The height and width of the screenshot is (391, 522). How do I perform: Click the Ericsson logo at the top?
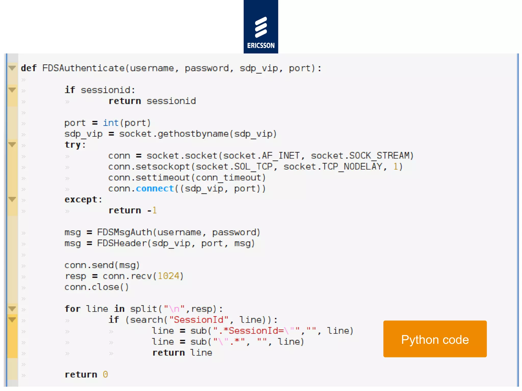[261, 27]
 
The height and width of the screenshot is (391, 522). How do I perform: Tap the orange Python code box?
[435, 339]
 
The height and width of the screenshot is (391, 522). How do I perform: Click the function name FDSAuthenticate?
[83, 68]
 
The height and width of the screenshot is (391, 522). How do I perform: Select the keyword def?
[29, 68]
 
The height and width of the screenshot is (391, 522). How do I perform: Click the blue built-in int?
[111, 123]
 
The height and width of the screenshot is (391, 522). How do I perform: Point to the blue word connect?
[155, 189]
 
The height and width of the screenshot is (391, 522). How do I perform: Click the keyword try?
[73, 145]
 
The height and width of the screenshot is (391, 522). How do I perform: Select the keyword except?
[81, 200]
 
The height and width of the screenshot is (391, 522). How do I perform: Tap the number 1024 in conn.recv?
[168, 276]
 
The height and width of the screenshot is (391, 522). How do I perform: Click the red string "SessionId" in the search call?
[199, 320]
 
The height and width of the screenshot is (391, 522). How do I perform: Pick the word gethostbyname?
[193, 134]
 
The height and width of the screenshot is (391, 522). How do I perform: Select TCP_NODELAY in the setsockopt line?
[352, 167]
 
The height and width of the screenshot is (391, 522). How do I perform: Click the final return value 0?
[105, 374]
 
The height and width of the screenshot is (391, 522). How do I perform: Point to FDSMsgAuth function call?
[124, 232]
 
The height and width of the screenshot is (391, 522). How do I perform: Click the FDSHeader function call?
[122, 243]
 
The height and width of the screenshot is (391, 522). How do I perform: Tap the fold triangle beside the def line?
[12, 68]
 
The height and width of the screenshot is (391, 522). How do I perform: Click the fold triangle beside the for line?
[12, 309]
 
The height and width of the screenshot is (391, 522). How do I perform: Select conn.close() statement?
[96, 287]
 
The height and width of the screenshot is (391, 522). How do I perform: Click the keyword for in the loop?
[72, 309]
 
